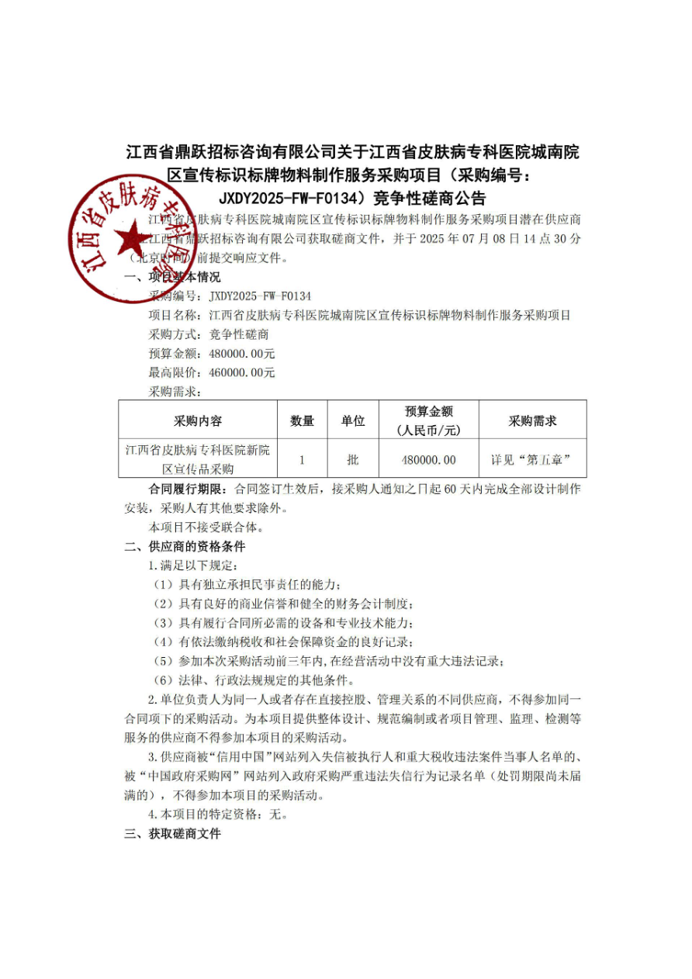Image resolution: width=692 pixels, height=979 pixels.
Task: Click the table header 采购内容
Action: pos(198,421)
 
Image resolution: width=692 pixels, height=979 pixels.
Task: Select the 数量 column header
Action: pos(302,421)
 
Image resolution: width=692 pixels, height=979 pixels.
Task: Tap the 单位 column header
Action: pos(353,421)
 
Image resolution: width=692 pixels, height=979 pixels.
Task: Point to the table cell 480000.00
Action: pos(429,460)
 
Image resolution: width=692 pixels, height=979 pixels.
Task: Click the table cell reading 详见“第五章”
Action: pos(531,460)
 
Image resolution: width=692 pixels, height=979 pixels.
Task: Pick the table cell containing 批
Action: pos(353,460)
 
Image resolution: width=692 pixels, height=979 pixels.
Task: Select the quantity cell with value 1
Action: pos(302,460)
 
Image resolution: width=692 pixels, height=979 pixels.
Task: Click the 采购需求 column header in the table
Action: pos(532,421)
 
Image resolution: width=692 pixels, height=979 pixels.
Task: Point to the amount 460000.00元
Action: pos(243,372)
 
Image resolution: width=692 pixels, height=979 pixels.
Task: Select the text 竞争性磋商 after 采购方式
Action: pos(239,334)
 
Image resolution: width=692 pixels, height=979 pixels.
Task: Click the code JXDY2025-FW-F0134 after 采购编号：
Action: pos(260,296)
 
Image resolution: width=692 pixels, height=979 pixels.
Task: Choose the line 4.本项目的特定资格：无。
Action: pos(220,815)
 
